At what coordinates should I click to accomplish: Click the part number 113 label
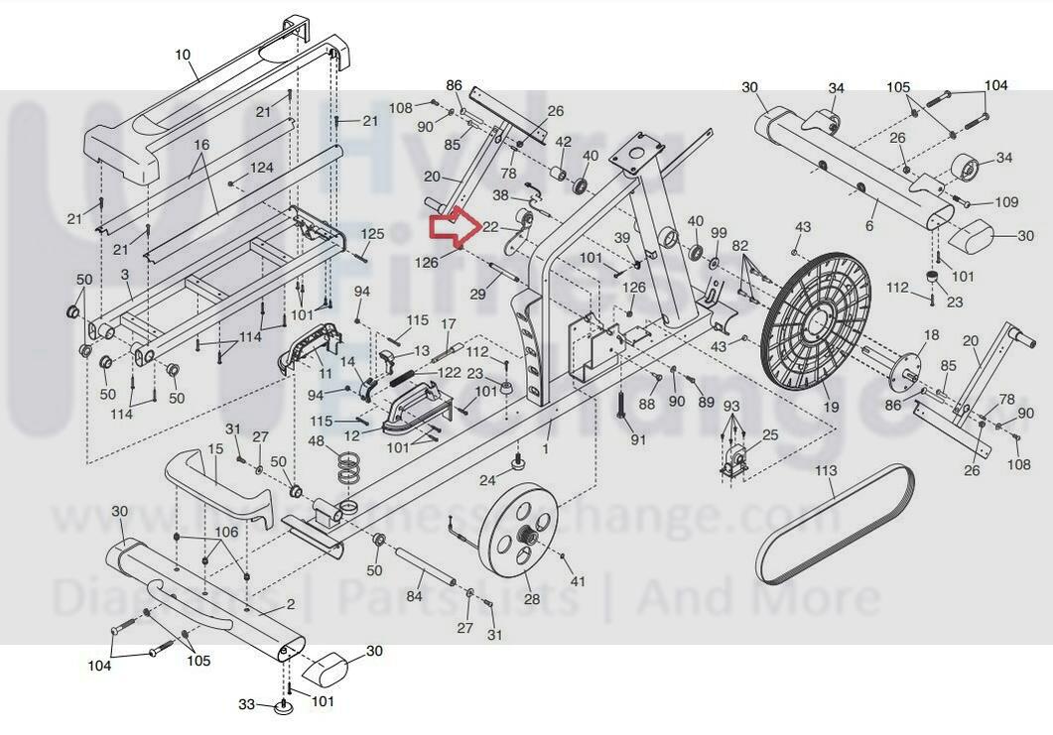pos(826,470)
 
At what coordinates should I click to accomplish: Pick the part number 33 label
pos(247,705)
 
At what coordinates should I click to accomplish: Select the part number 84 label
pos(415,596)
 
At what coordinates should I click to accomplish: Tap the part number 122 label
pos(450,372)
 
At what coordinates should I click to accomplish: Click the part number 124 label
pos(261,168)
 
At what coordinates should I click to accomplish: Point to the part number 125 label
pos(372,234)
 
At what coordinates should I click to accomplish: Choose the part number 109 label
pos(1005,202)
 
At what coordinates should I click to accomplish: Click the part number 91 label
pos(638,439)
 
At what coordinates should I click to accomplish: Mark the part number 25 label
pos(770,435)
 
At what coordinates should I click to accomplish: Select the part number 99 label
pos(719,233)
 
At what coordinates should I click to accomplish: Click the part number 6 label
pos(869,226)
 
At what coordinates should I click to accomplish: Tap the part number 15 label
pos(216,450)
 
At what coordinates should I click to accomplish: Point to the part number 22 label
pos(489,227)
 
